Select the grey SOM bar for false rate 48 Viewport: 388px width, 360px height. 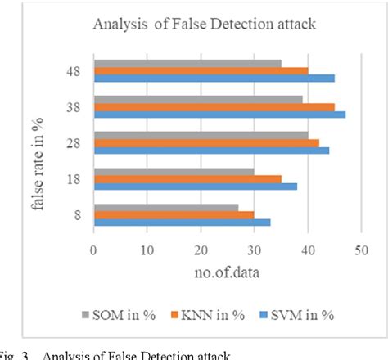[x=187, y=63]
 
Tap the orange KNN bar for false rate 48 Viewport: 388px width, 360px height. [x=201, y=70]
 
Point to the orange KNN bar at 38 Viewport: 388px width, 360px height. [x=214, y=106]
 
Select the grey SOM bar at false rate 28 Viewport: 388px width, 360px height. [x=201, y=135]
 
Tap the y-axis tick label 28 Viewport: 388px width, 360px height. [x=73, y=142]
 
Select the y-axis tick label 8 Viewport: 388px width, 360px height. [x=76, y=214]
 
